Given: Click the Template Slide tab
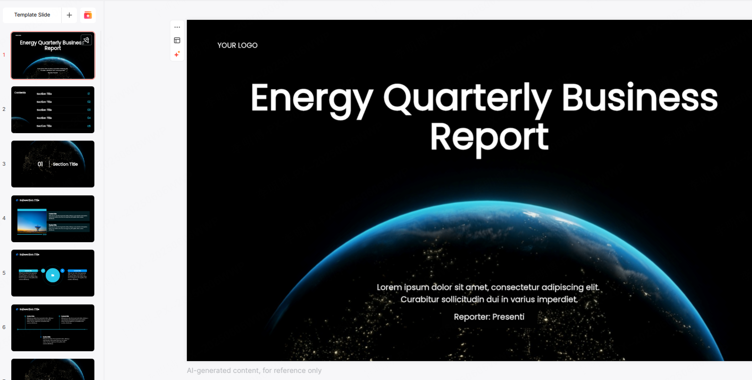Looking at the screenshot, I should pyautogui.click(x=32, y=15).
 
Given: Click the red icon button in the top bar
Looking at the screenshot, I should pyautogui.click(x=88, y=15).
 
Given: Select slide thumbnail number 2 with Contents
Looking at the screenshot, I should pyautogui.click(x=53, y=110).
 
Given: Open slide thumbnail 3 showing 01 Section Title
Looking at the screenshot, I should pyautogui.click(x=53, y=164).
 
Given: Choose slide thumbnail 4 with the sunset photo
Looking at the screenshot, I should pyautogui.click(x=53, y=219).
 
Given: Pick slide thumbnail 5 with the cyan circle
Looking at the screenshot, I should pyautogui.click(x=53, y=273).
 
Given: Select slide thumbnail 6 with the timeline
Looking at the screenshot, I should pyautogui.click(x=53, y=328).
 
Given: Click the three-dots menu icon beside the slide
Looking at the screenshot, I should pyautogui.click(x=177, y=27).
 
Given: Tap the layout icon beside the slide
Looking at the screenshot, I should pyautogui.click(x=177, y=41).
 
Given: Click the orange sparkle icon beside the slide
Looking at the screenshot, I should pyautogui.click(x=177, y=54).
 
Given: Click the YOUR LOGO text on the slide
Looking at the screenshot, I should pyautogui.click(x=237, y=45).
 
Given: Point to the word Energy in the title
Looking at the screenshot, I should pyautogui.click(x=312, y=98).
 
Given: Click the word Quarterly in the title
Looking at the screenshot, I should pyautogui.click(x=467, y=98).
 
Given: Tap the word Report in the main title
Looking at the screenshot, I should pyautogui.click(x=489, y=137).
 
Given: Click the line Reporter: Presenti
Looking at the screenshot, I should pyautogui.click(x=489, y=317).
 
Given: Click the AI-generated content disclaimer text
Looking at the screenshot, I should pyautogui.click(x=254, y=371).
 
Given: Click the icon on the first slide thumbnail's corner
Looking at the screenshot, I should pyautogui.click(x=86, y=40).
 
